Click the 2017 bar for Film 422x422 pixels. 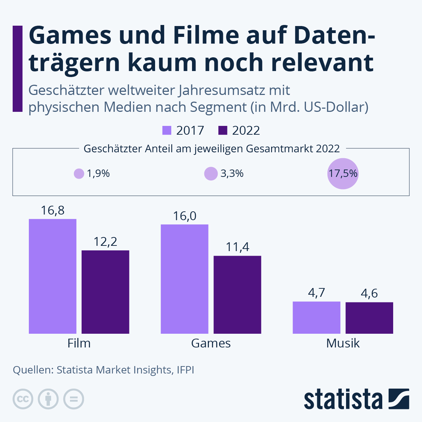52,276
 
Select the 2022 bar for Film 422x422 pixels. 105,292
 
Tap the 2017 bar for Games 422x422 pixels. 184,279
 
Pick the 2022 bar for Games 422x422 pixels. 237,295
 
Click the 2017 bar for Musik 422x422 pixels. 316,318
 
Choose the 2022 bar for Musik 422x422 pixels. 369,318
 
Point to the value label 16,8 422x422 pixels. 53,210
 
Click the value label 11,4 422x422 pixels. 237,247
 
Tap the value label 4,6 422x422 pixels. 369,293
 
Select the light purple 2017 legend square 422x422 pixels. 167,130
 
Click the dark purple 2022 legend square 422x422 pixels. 223,130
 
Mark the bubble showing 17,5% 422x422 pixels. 343,174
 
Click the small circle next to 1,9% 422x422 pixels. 79,174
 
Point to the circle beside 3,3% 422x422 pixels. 211,174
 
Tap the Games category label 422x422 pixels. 211,343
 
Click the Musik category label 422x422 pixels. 343,343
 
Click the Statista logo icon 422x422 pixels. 399,399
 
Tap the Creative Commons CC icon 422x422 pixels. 23,399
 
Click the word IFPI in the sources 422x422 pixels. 185,370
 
